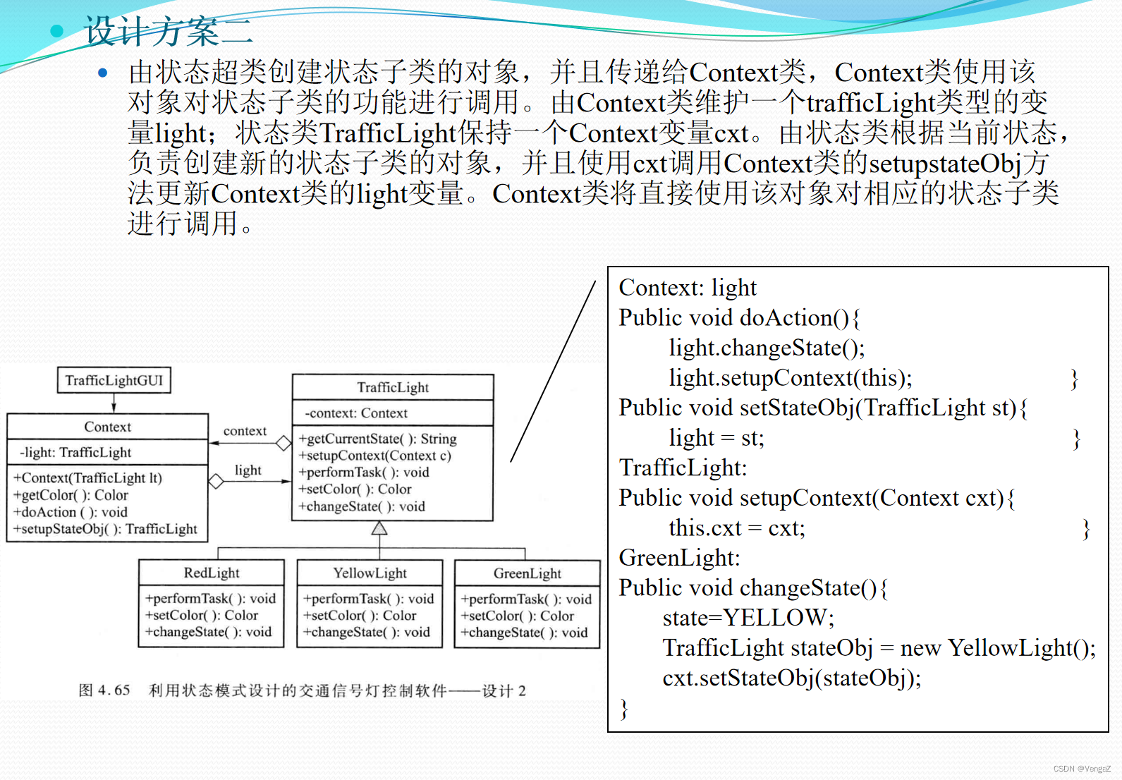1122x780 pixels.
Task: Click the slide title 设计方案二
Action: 168,32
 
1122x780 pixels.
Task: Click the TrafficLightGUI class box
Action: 114,380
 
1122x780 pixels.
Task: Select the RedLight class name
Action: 212,573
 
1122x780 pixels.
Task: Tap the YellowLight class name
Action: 370,573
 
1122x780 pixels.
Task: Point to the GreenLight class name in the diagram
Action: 527,573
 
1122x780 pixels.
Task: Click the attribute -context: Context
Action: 355,413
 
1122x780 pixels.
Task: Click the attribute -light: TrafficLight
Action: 75,452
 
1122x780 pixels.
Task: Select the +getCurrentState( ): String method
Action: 378,439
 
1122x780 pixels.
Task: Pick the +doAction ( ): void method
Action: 71,512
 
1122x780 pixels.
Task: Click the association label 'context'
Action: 245,431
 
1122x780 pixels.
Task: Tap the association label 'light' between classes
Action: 248,470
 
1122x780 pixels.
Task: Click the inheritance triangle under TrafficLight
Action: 379,528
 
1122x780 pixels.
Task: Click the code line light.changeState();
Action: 767,348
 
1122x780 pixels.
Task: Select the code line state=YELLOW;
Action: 748,618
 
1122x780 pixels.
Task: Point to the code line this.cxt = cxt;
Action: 737,528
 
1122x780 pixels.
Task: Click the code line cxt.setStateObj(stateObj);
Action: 791,678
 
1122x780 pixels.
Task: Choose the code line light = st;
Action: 716,438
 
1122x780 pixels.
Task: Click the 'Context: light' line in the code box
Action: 688,288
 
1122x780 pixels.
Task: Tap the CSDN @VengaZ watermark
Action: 1082,769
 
